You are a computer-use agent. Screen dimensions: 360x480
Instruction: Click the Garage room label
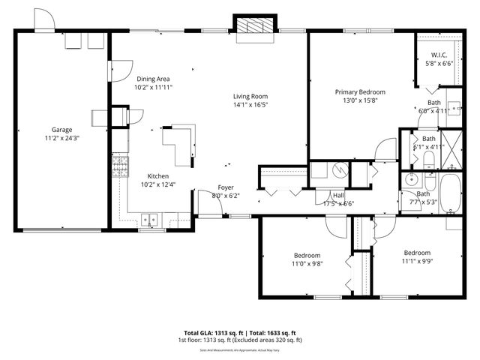(x=61, y=130)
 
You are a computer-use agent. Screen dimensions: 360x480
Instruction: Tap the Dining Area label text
(x=152, y=79)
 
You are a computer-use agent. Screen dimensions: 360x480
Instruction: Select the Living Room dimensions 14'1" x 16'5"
(x=250, y=105)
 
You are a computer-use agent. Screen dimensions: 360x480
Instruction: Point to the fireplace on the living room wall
(x=256, y=25)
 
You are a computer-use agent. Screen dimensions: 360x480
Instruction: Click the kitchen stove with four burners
(x=118, y=167)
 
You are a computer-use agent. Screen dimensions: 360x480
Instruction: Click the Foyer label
(x=226, y=187)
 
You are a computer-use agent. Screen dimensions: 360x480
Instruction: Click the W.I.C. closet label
(x=439, y=55)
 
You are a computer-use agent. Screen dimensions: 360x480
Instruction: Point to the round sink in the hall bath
(x=411, y=180)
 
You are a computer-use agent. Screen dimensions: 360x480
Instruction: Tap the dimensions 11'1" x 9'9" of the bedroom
(x=417, y=261)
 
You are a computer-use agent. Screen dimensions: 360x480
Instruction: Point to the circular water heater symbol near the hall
(x=339, y=170)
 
